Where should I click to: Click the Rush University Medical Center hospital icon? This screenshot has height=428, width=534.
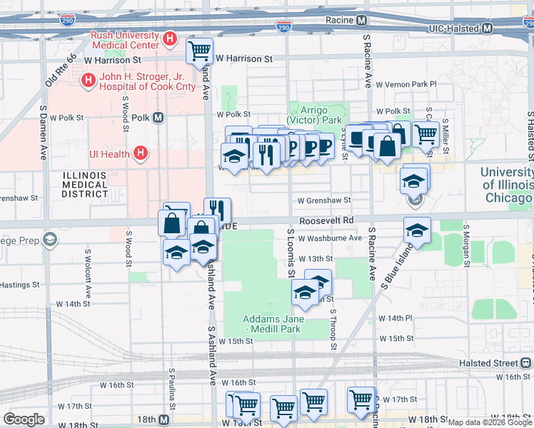[x=169, y=39]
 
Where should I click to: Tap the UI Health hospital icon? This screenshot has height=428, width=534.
[x=141, y=153]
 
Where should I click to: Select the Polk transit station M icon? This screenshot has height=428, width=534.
[x=158, y=117]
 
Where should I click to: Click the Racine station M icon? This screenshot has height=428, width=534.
[x=362, y=21]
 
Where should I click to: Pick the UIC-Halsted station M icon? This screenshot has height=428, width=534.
[x=488, y=29]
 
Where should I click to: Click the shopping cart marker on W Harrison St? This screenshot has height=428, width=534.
[x=199, y=51]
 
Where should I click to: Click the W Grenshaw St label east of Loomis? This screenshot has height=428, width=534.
[x=324, y=201]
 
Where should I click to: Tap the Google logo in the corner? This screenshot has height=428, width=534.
[x=24, y=419]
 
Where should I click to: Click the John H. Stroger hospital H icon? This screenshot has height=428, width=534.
[x=89, y=81]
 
